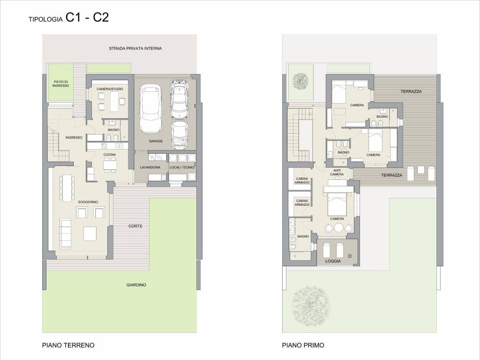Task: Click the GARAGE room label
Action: (x=156, y=141)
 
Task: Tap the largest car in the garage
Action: (x=150, y=109)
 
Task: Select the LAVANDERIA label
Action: (x=150, y=167)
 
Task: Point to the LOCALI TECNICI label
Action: (x=182, y=167)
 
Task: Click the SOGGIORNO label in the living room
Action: (x=88, y=202)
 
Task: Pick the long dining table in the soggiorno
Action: (x=67, y=187)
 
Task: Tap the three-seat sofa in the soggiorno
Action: (x=65, y=233)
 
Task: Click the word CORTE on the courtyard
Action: (x=135, y=226)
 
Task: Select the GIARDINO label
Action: (x=136, y=285)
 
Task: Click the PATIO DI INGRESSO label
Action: (x=60, y=83)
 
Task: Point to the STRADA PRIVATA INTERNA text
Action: (x=135, y=48)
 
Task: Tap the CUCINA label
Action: (x=110, y=155)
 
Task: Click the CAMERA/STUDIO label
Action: (x=110, y=89)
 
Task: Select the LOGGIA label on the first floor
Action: (x=333, y=261)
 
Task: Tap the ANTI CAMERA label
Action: (x=337, y=172)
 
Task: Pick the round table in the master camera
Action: (x=339, y=228)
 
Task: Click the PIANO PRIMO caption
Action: (x=303, y=345)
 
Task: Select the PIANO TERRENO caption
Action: (x=68, y=345)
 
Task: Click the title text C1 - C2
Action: (x=87, y=17)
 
